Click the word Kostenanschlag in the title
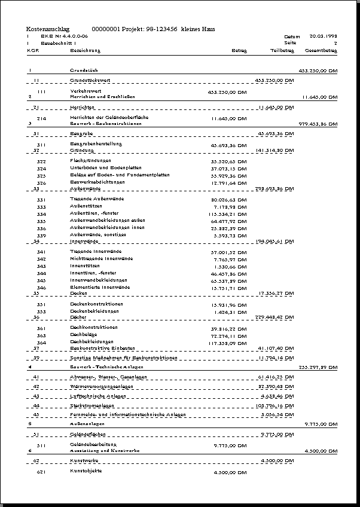48,29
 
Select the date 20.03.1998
324,36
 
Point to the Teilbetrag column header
282,51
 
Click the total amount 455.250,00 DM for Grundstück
318,71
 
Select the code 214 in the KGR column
41,118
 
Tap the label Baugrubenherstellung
96,144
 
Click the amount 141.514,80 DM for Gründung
274,151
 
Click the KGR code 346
41,288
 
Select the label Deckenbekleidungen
94,311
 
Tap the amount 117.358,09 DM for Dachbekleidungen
227,343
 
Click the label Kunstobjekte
86,471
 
